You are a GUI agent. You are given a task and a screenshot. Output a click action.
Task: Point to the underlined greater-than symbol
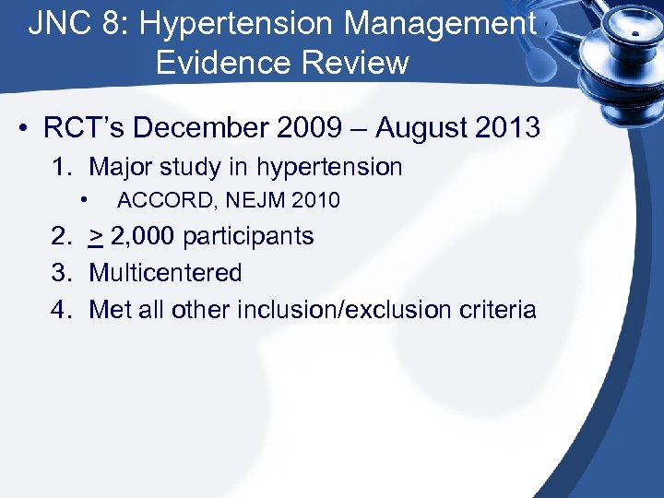96,237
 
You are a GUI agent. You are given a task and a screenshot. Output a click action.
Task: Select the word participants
248,236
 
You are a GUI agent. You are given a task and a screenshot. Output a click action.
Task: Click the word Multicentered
165,273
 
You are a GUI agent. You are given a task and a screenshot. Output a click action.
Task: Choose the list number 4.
60,309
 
